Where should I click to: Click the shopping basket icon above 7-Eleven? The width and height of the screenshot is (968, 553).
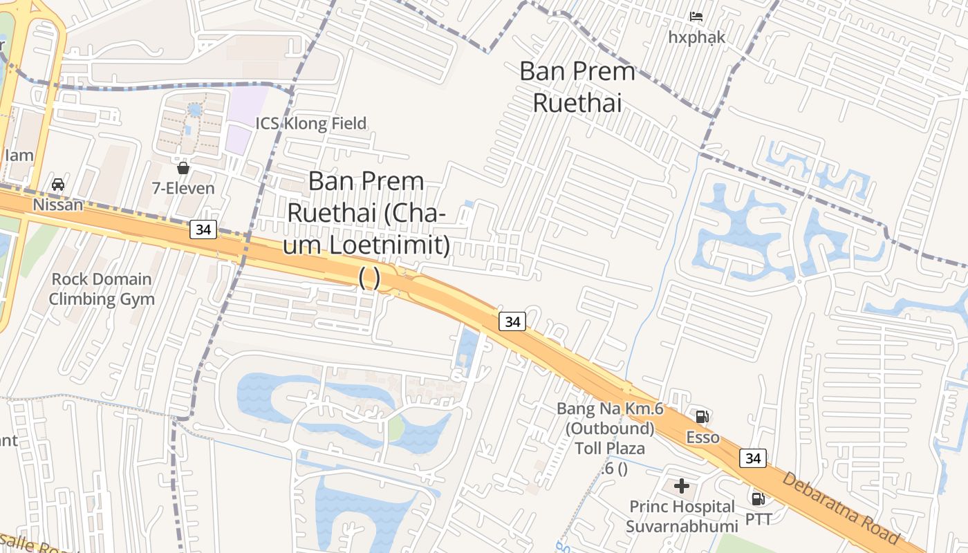click(183, 168)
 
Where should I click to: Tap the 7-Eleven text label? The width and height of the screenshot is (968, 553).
click(183, 188)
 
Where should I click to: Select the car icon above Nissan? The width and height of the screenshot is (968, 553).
click(58, 185)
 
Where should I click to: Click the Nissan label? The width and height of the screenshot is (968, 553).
click(58, 205)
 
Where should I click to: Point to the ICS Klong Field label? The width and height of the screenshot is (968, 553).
click(311, 124)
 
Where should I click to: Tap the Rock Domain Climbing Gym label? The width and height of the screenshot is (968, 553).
click(102, 289)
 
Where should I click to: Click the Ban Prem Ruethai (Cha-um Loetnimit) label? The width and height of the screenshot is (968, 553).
click(369, 228)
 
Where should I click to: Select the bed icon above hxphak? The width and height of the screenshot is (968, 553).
click(696, 16)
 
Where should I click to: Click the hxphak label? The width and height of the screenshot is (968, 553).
click(696, 37)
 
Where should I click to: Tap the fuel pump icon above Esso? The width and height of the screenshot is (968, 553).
click(702, 416)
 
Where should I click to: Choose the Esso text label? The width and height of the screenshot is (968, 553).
click(702, 438)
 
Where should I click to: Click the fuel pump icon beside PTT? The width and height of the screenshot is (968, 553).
click(758, 498)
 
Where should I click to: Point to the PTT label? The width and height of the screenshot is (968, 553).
click(758, 518)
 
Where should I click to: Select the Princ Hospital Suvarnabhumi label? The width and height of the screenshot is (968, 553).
click(682, 516)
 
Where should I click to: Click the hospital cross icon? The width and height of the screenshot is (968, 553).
click(682, 486)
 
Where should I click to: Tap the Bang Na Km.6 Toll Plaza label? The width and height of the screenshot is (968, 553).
click(611, 429)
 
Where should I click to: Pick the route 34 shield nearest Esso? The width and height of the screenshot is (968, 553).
click(752, 458)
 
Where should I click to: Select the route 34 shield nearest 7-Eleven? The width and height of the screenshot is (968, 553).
click(203, 229)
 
